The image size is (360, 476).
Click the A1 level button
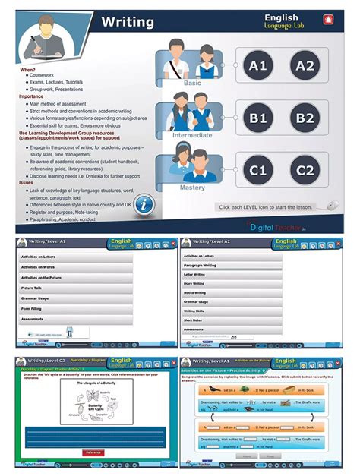(x=258, y=66)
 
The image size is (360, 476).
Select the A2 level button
(x=305, y=66)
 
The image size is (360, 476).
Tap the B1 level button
(x=258, y=118)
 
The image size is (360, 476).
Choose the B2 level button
(x=305, y=118)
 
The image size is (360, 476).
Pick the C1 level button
(x=258, y=169)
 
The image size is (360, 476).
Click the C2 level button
(x=305, y=169)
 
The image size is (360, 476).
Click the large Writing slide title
(x=128, y=22)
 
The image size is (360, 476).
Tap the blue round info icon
(x=149, y=203)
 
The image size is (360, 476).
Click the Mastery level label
(x=192, y=188)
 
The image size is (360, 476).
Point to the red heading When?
(x=27, y=69)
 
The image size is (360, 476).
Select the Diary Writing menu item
(x=194, y=284)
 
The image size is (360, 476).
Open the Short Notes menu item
(x=194, y=320)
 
